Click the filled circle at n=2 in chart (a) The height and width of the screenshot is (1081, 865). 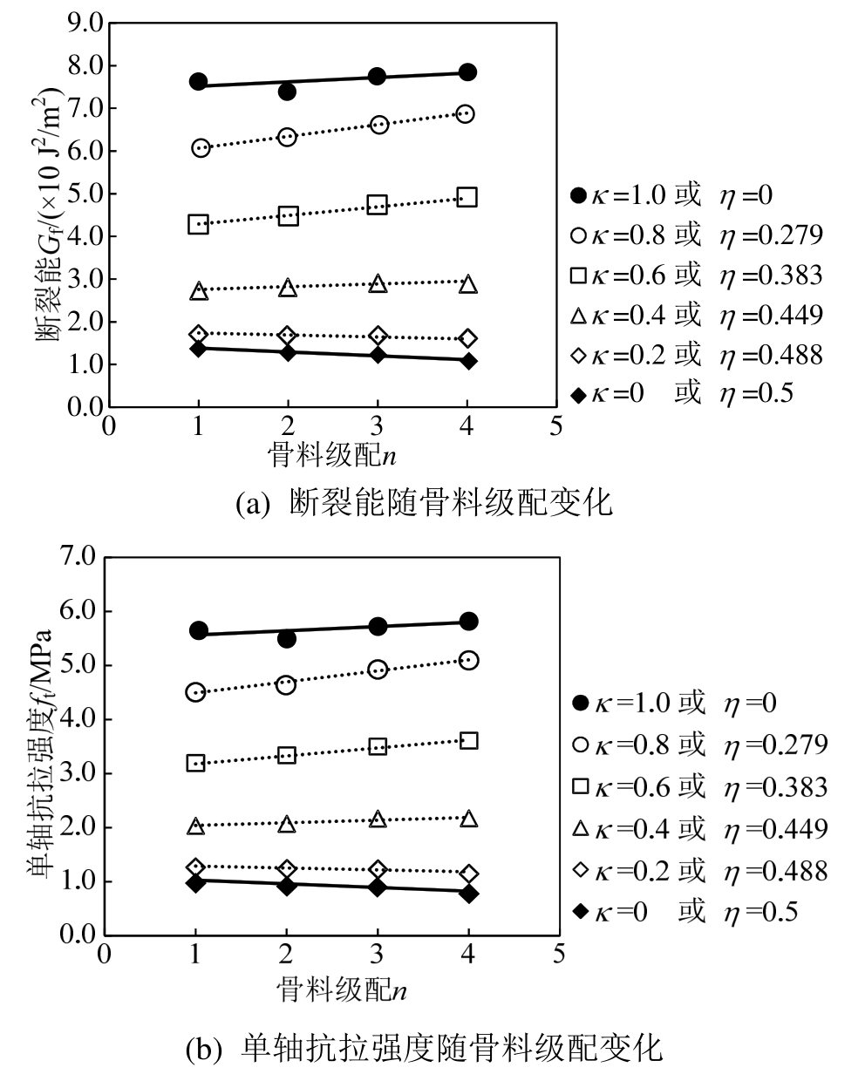(x=287, y=91)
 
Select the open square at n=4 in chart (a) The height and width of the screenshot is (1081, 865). (x=467, y=197)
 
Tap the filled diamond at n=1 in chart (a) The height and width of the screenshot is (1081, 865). (x=198, y=349)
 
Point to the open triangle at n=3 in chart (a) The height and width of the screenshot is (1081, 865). (x=377, y=284)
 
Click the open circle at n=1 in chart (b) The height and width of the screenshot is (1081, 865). (x=195, y=692)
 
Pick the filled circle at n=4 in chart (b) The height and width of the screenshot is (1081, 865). (x=468, y=622)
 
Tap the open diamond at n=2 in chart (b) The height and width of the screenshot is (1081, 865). (x=287, y=868)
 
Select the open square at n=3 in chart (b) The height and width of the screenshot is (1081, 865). (x=378, y=746)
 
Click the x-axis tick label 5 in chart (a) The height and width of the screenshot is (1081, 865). (x=555, y=427)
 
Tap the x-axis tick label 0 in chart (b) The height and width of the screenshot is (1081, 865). (x=104, y=954)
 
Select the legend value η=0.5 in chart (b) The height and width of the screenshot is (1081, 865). (x=761, y=912)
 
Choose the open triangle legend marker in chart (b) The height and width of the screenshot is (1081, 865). (x=581, y=828)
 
